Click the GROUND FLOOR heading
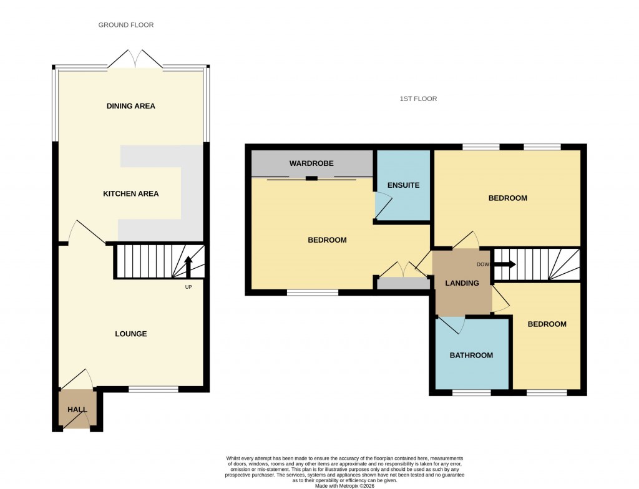(x=125, y=25)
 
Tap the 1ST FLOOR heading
(x=418, y=99)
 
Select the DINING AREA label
(x=130, y=106)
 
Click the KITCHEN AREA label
(x=130, y=194)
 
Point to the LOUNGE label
(x=130, y=334)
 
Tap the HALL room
(x=77, y=410)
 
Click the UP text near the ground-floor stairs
(x=188, y=287)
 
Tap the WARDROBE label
(x=311, y=163)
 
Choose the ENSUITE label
(x=403, y=185)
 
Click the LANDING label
(x=462, y=283)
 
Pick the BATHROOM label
(x=471, y=356)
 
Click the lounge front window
(x=153, y=390)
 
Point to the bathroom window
(x=471, y=393)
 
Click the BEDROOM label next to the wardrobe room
(x=327, y=240)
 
